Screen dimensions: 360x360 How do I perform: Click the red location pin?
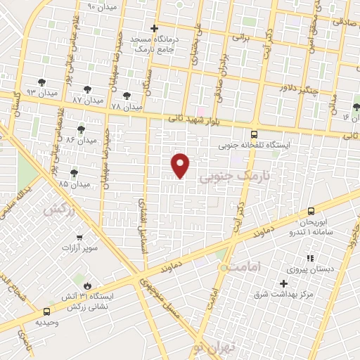(x=181, y=165)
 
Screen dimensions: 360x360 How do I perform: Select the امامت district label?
(x=245, y=267)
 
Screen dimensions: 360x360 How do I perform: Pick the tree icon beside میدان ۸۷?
(x=87, y=90)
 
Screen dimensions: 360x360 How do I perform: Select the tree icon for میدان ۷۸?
(x=127, y=95)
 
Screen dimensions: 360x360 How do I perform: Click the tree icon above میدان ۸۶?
(x=82, y=129)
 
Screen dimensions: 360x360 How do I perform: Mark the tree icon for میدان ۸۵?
(x=75, y=172)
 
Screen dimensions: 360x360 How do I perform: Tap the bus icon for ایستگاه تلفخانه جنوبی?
(x=254, y=134)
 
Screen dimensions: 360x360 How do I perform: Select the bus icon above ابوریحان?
(x=311, y=210)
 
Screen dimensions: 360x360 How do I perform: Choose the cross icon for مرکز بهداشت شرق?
(x=283, y=283)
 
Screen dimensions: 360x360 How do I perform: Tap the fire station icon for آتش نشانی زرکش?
(x=86, y=285)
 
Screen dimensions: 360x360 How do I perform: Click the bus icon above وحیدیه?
(x=46, y=311)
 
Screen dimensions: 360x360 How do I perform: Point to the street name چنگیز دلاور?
(x=299, y=89)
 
